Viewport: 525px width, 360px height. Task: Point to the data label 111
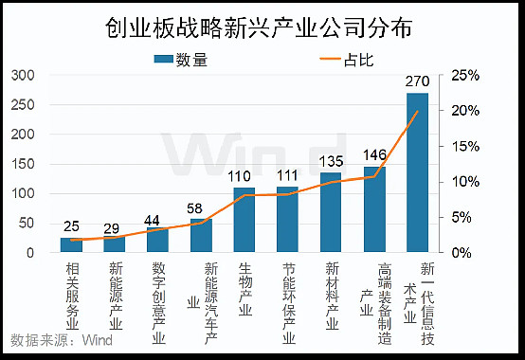click(288, 176)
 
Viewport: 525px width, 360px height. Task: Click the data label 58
click(200, 207)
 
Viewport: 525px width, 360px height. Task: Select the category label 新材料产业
click(331, 293)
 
